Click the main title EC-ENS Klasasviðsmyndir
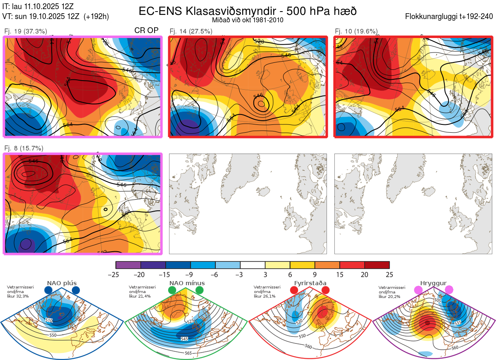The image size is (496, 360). click(248, 11)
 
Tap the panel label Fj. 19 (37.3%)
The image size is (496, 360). click(26, 31)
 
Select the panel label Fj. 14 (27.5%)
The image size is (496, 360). click(191, 31)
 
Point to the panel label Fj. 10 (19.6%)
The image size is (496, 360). click(356, 31)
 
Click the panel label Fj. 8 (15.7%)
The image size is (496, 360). click(24, 148)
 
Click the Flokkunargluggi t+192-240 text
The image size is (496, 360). click(450, 17)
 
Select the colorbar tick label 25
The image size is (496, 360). click(389, 275)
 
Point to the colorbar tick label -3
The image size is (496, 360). click(240, 275)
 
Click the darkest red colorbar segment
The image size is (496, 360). click(377, 265)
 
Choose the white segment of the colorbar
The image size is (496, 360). click(253, 265)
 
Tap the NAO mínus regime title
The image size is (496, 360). click(187, 284)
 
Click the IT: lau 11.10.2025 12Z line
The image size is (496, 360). click(38, 6)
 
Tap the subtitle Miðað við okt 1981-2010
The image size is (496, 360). click(248, 20)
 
